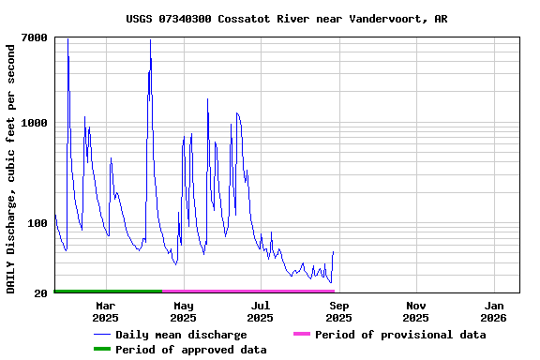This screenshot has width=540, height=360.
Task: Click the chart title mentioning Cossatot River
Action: click(x=286, y=19)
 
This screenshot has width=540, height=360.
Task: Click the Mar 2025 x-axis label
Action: click(x=105, y=311)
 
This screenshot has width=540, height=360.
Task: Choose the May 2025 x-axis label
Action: click(x=184, y=311)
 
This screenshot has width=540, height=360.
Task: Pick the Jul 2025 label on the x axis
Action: click(x=261, y=311)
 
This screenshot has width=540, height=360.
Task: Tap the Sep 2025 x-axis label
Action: click(x=339, y=311)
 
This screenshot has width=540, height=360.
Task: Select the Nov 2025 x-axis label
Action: click(x=416, y=311)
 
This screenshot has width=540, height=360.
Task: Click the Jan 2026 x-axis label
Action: click(x=494, y=311)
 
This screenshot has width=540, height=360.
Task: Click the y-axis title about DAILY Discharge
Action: click(x=11, y=167)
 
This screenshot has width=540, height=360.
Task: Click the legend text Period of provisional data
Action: click(x=400, y=335)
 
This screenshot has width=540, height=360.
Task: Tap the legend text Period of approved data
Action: click(x=191, y=350)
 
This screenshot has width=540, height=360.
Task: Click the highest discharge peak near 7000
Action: click(x=67, y=38)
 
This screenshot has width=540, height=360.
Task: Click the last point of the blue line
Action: click(x=333, y=252)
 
